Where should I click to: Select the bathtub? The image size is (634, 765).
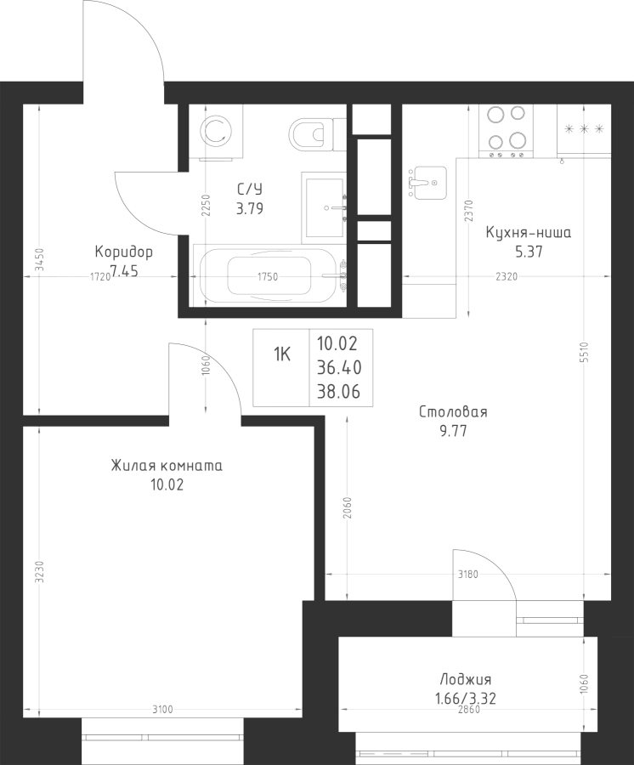click(271, 275)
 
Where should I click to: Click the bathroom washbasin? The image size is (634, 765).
click(325, 207)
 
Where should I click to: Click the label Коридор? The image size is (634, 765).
click(124, 252)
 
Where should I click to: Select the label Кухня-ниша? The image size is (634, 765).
click(528, 232)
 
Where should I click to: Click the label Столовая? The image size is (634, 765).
click(453, 412)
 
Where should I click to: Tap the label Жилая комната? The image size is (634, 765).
click(167, 466)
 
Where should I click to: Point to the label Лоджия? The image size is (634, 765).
click(466, 679)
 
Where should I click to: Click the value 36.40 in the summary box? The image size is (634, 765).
click(337, 367)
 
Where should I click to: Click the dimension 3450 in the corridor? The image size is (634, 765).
click(38, 260)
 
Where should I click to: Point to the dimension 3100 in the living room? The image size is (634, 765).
click(163, 709)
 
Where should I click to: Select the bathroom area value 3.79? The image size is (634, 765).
click(249, 207)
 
